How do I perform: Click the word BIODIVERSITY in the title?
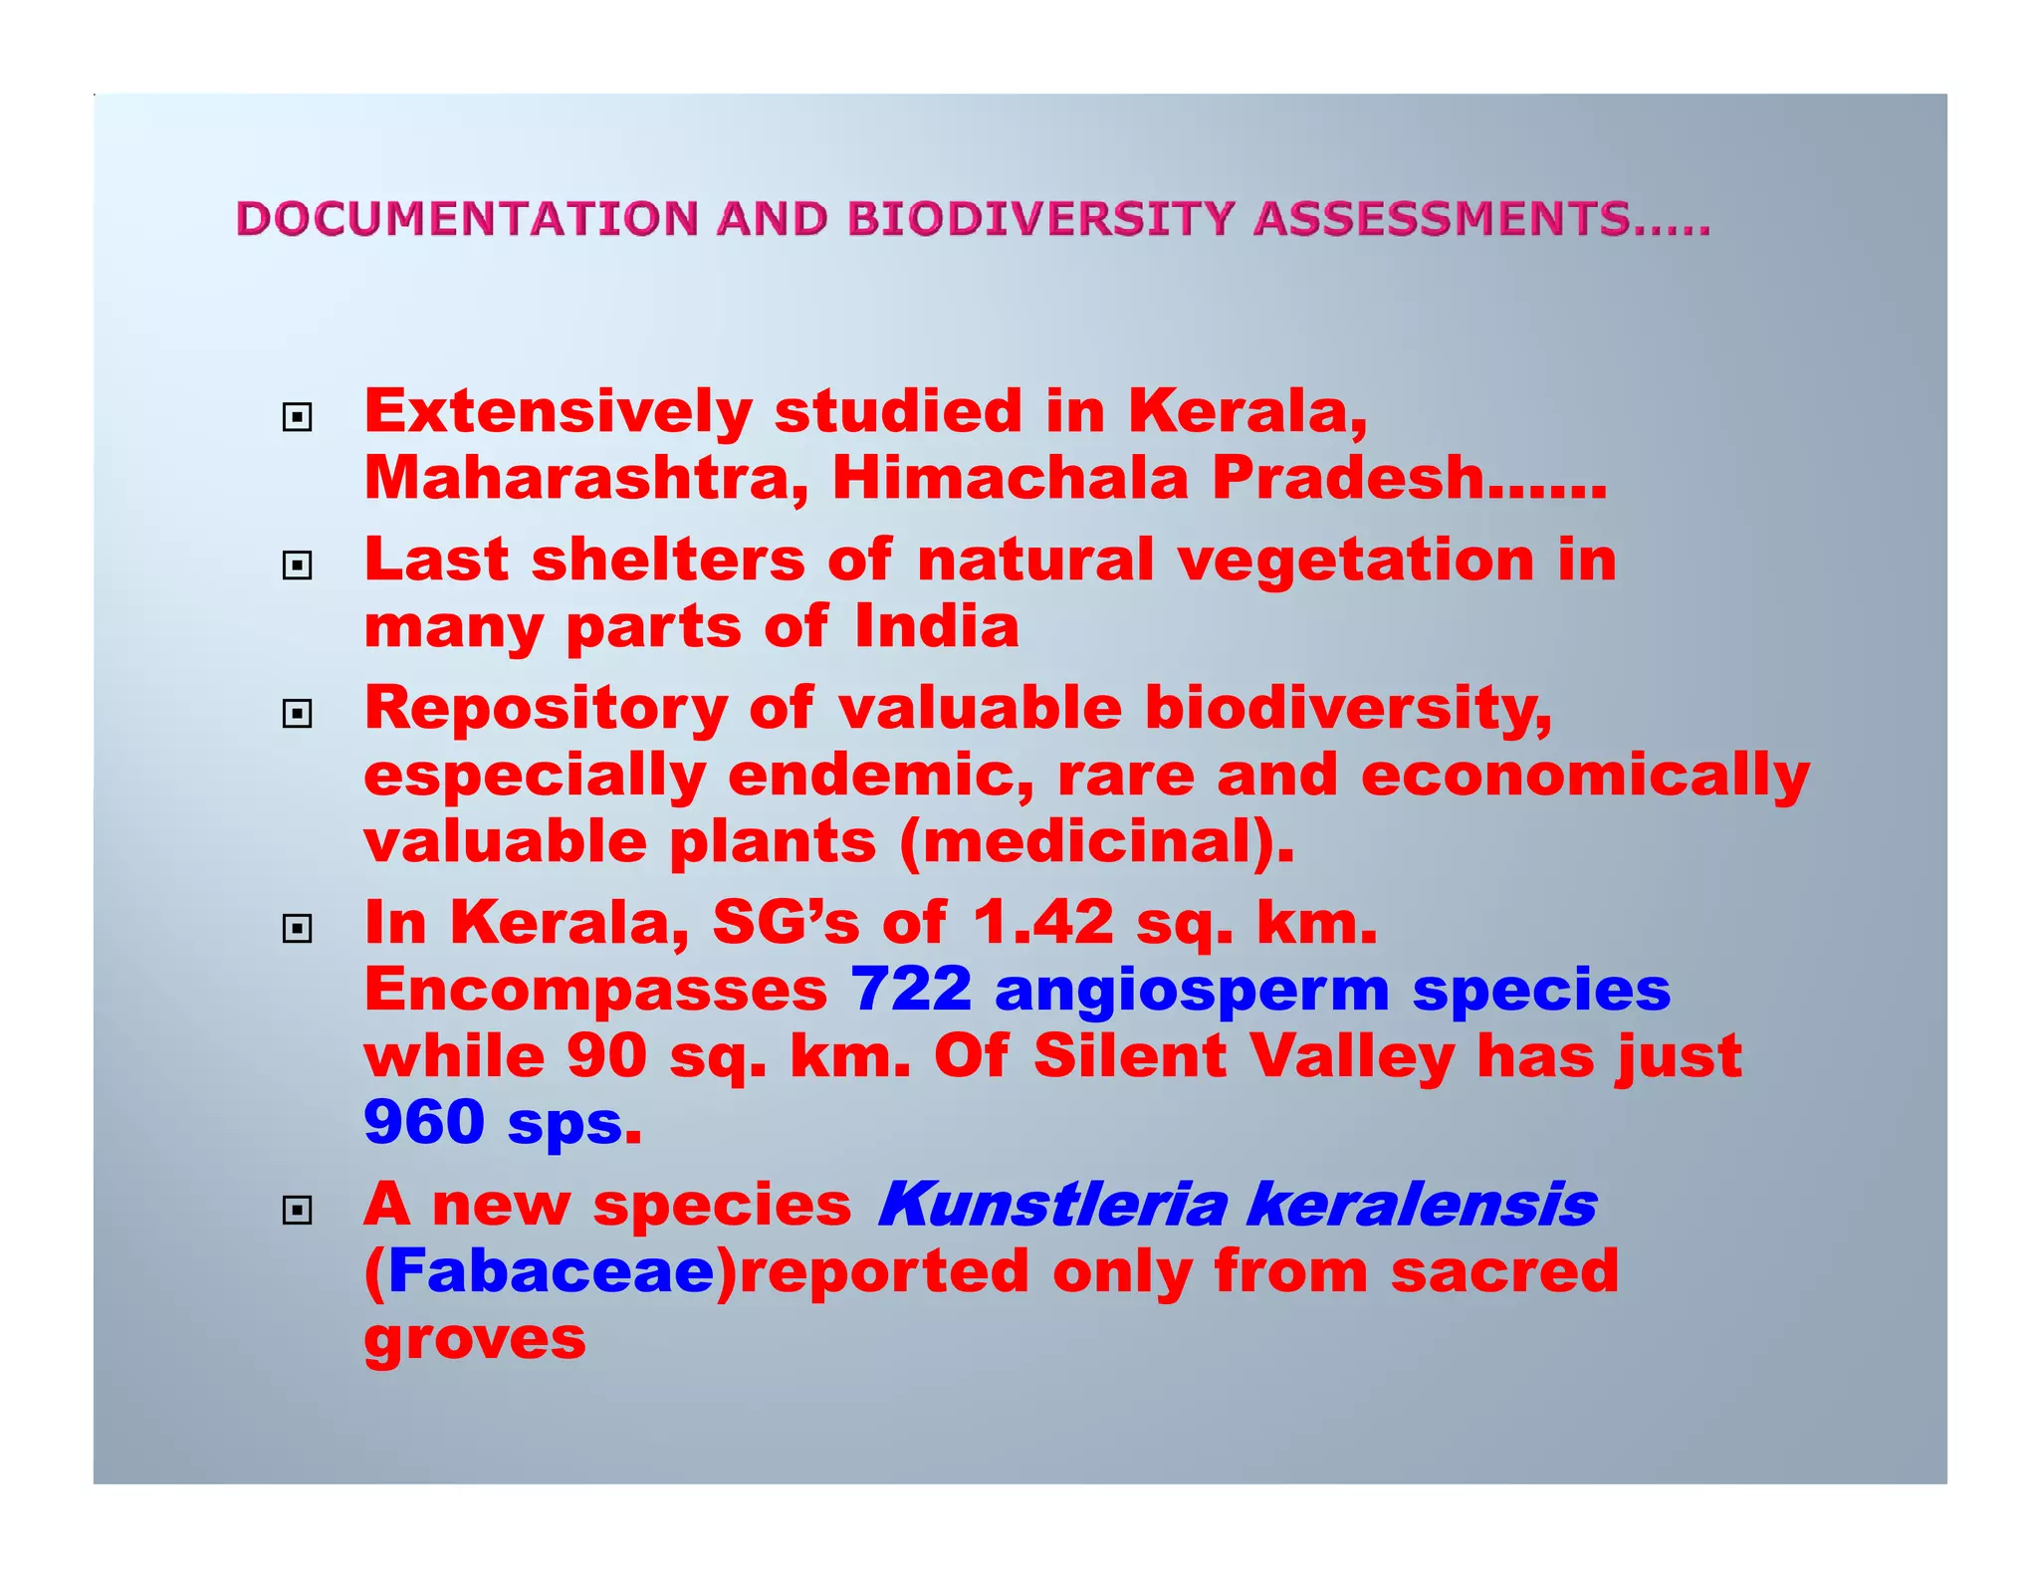tap(1040, 219)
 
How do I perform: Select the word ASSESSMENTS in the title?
tap(1442, 219)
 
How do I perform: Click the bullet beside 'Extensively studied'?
tap(297, 417)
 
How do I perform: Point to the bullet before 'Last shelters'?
tap(297, 565)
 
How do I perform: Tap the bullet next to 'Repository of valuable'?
tap(297, 713)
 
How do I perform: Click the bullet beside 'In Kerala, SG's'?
tap(297, 929)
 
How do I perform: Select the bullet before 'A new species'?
tap(297, 1210)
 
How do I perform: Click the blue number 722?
tap(911, 990)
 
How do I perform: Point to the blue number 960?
tap(424, 1122)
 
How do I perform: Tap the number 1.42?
tap(1042, 923)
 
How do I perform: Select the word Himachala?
tap(1011, 478)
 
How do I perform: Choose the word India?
tap(937, 627)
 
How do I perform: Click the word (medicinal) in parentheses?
tap(1096, 842)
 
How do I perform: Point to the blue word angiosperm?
tap(1192, 990)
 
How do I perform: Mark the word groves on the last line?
tap(475, 1339)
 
